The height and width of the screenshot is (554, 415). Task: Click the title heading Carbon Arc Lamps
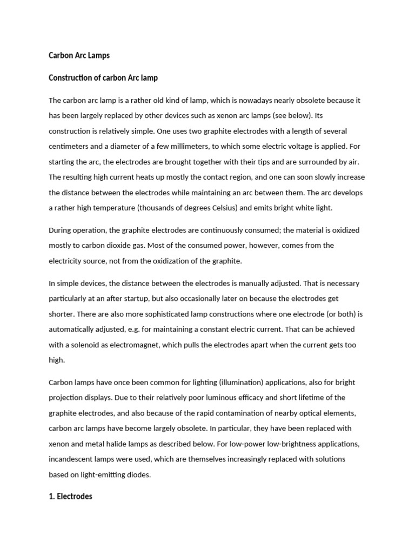pos(79,55)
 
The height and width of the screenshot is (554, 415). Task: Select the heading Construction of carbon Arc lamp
pos(103,77)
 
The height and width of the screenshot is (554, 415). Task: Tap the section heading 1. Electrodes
pos(70,496)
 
